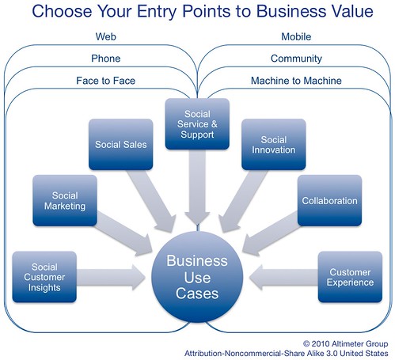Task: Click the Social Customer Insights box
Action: coord(45,277)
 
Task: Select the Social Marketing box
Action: coord(65,200)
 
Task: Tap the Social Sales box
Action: coord(118,145)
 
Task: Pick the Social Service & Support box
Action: coord(197,123)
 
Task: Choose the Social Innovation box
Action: coord(273,144)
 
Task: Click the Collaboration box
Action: coord(329,201)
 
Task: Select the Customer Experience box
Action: coord(350,277)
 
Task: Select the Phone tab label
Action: coord(105,58)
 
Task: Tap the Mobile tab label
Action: coord(296,36)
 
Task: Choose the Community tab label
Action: coord(296,58)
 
